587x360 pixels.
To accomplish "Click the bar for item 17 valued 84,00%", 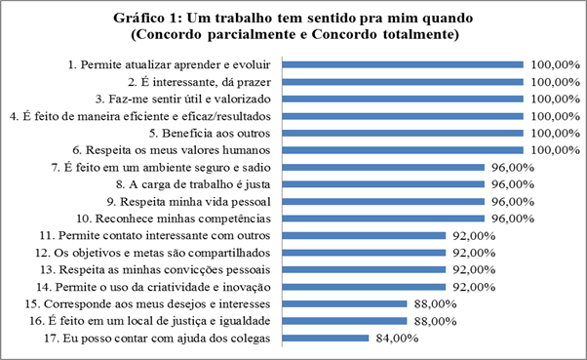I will click(x=326, y=339).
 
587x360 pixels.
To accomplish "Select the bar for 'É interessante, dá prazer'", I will click(x=404, y=82).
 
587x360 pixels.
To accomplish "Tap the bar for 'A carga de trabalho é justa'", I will click(x=384, y=184).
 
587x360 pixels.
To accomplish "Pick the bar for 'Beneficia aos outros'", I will click(x=404, y=134).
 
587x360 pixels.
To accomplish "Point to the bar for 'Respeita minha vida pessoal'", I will click(x=384, y=202).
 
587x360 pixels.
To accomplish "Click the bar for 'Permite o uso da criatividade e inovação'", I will click(x=365, y=287).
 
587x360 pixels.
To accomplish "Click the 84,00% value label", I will click(x=395, y=339).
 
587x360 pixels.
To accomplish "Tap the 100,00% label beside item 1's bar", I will click(x=553, y=65).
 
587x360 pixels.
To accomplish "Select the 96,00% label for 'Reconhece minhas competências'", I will click(x=513, y=219).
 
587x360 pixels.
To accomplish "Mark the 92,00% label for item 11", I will click(x=473, y=236).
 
